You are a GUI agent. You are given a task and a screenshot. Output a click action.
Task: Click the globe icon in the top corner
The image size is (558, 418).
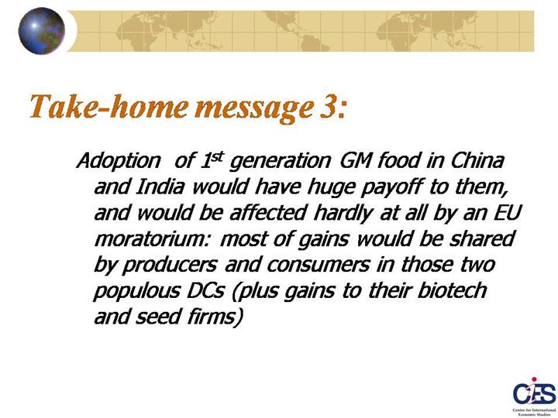click(42, 31)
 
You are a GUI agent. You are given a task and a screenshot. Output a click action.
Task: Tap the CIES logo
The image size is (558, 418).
click(534, 396)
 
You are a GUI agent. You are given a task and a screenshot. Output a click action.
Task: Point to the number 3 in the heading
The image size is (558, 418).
click(326, 107)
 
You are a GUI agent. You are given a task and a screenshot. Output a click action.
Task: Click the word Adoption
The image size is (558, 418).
click(119, 162)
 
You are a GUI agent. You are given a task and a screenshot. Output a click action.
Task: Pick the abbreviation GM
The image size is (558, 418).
click(356, 160)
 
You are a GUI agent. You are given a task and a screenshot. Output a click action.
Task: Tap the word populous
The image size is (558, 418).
click(136, 291)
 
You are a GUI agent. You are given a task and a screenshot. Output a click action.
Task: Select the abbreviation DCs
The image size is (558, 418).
click(205, 291)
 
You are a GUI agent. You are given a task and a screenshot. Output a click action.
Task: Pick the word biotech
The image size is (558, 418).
click(452, 290)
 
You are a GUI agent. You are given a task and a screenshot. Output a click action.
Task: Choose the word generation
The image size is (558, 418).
click(281, 162)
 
